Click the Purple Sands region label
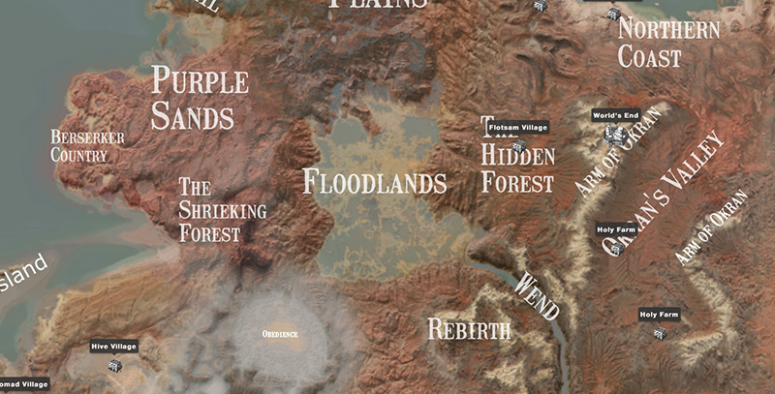200,100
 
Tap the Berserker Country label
87,146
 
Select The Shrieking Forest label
222,210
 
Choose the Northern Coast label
668,43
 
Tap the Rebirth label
469,330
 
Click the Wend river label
538,295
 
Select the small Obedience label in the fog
280,334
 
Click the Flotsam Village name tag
517,127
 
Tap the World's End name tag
616,115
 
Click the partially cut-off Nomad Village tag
24,384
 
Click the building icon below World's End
612,133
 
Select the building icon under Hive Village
115,365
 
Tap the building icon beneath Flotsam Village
519,145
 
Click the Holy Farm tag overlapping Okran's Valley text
616,229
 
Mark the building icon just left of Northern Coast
612,14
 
